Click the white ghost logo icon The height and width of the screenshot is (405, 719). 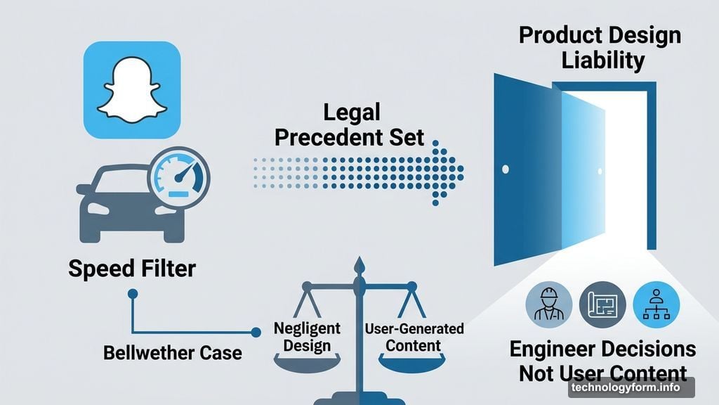point(132,90)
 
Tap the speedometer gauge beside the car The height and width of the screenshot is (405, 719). point(179,178)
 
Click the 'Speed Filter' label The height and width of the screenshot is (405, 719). point(132,269)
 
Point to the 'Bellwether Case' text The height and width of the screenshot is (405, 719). point(173,353)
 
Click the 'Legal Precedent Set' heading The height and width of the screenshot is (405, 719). point(350,125)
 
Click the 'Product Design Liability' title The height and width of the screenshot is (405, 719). point(600,48)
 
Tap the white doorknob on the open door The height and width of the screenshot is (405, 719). point(506,169)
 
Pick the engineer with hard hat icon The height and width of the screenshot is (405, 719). point(549,304)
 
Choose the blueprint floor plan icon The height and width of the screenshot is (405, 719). point(602,304)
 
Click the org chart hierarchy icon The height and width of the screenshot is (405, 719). point(657,304)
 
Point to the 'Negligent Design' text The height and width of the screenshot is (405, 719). point(307,337)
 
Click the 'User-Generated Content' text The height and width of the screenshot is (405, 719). point(414,337)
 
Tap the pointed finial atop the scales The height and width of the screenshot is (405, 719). point(359,266)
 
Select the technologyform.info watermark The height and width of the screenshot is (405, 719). point(631,387)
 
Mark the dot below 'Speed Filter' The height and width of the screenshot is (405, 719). point(133,294)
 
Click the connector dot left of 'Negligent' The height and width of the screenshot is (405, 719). point(256,332)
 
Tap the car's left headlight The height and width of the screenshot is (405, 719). point(98,208)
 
